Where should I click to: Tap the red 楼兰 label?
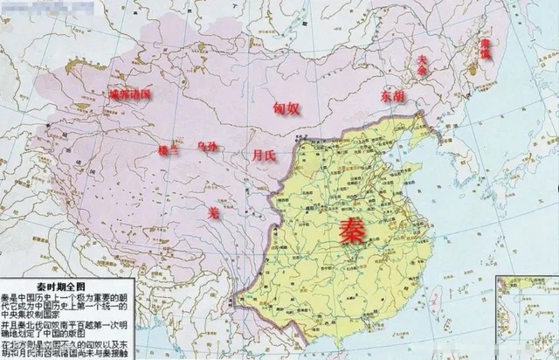click(166, 149)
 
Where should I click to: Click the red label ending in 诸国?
click(129, 93)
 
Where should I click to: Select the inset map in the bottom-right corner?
click(527, 315)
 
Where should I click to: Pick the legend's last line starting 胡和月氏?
click(66, 354)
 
